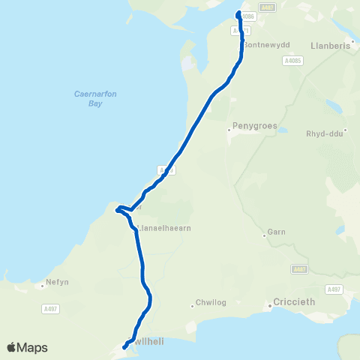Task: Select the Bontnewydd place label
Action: coord(266,45)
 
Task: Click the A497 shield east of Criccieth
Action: coord(334,289)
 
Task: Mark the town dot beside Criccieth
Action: coord(271,306)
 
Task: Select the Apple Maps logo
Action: coord(27,347)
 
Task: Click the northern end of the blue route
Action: coord(239,13)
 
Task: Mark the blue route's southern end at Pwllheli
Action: coord(124,347)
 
